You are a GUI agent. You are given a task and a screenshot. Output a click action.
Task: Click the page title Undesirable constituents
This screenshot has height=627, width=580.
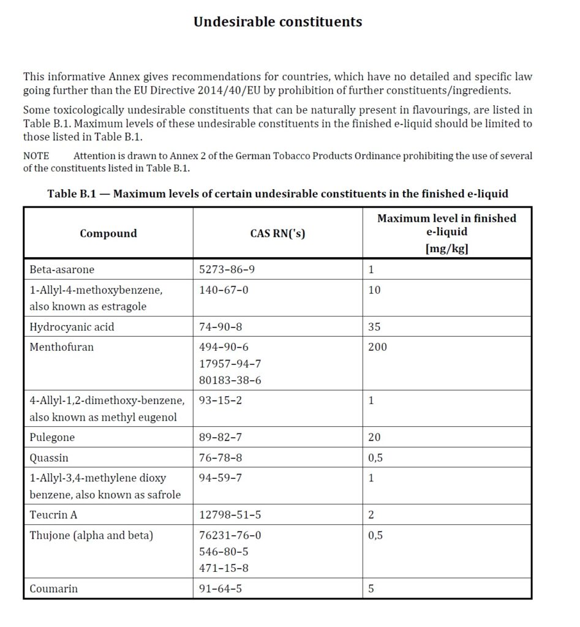coord(277,22)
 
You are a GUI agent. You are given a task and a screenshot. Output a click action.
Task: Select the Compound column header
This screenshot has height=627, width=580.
coord(108,233)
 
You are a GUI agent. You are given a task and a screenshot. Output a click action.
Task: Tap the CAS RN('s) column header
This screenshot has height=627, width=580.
coord(277,233)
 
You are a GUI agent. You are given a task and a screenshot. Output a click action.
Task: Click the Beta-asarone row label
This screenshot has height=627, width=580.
coord(62,269)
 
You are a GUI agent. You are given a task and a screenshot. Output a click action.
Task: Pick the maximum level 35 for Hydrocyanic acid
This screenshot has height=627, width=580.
coord(374,327)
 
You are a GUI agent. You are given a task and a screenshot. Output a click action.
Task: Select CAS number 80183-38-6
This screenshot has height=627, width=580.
coord(230,380)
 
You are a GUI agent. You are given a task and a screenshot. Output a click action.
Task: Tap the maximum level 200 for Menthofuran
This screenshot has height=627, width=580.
coord(377,347)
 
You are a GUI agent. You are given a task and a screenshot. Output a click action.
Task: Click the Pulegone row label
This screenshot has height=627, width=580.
coord(52,437)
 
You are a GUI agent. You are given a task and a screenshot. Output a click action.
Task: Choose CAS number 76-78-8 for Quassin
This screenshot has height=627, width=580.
coord(220,458)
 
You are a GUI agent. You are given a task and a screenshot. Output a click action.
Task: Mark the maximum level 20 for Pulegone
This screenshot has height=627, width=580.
coord(374,437)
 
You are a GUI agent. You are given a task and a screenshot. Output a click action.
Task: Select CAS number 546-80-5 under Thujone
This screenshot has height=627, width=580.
coord(224,552)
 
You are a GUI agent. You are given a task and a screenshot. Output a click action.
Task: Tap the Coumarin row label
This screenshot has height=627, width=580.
coord(54,589)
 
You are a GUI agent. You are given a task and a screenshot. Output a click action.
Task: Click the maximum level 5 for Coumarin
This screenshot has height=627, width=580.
coord(371,589)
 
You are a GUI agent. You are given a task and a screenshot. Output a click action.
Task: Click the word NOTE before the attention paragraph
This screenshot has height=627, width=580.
coord(36,156)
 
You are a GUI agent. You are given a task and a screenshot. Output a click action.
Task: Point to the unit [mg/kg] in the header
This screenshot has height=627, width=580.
coord(446,248)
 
